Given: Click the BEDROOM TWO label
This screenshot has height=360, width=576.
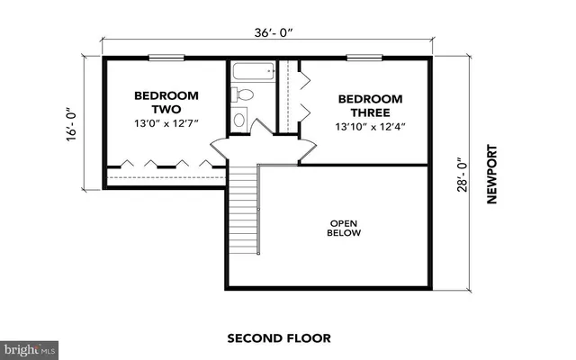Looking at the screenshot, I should (162, 102).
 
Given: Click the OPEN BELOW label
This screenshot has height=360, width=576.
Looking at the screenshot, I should (344, 227).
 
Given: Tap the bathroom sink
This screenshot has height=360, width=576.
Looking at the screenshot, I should (239, 119).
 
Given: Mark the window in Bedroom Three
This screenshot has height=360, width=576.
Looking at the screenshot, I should (361, 58).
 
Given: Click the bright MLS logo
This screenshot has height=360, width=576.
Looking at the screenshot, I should (29, 347).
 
